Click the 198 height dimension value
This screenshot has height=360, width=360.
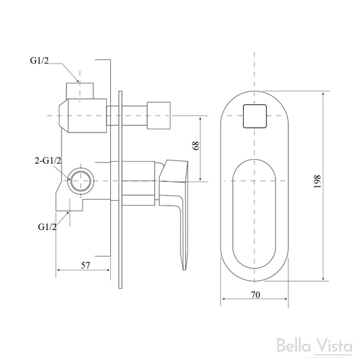tap(336, 181)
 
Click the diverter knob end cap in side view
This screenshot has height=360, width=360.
tap(162, 115)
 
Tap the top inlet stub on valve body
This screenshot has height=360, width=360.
tap(81, 89)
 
